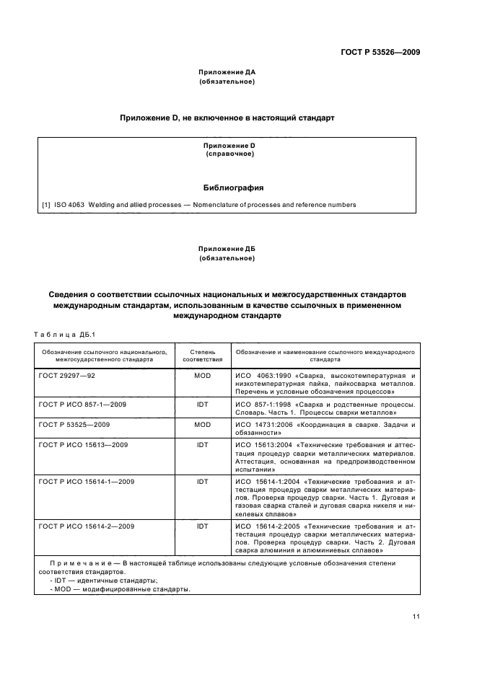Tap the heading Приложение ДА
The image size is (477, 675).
point(227,73)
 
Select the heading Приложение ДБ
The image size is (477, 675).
point(227,248)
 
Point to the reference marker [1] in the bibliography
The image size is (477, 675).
point(46,204)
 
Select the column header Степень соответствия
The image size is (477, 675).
point(202,353)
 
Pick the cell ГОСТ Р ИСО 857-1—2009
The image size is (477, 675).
point(83,405)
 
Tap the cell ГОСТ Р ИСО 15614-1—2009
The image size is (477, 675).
point(87,481)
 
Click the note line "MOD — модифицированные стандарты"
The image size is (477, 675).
point(121,589)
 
